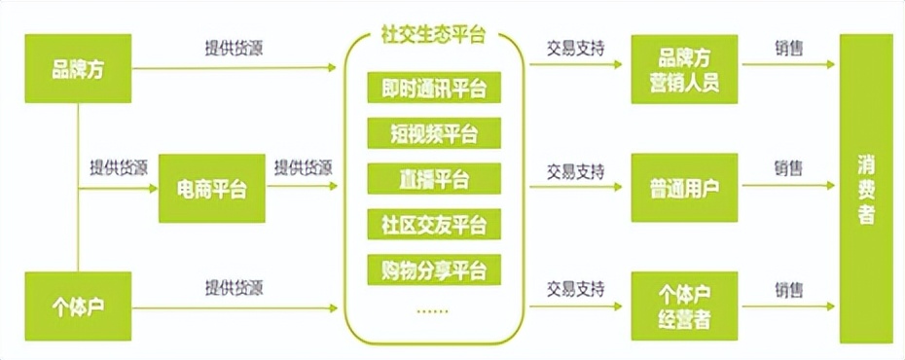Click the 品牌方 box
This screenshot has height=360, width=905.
click(x=77, y=70)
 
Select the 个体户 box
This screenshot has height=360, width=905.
click(x=77, y=307)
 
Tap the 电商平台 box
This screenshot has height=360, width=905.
click(x=211, y=189)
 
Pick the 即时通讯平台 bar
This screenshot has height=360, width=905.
click(x=433, y=90)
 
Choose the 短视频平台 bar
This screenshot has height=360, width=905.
click(x=433, y=134)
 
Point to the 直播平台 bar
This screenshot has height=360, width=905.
click(x=433, y=179)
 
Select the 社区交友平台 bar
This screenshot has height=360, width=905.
click(x=433, y=224)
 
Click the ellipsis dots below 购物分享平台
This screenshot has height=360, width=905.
click(x=433, y=311)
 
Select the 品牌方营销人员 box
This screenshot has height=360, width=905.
click(x=684, y=69)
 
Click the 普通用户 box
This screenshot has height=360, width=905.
click(x=684, y=188)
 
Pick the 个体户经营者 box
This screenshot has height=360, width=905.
click(x=684, y=306)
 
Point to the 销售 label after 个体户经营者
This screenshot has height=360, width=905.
click(x=789, y=289)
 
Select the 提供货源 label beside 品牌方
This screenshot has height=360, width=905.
click(x=233, y=49)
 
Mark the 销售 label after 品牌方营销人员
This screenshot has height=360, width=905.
click(x=789, y=49)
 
